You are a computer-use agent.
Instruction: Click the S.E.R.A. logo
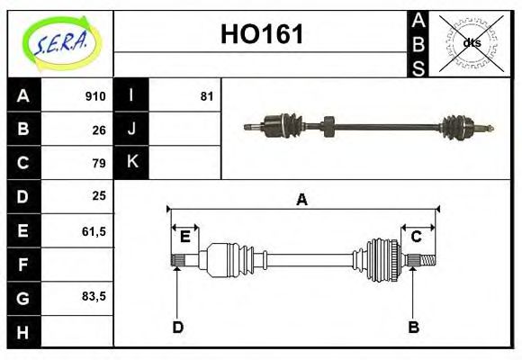(x=59, y=41)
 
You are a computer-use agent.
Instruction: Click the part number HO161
(x=262, y=35)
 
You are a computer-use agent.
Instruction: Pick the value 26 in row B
(x=99, y=130)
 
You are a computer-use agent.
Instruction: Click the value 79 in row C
(x=99, y=163)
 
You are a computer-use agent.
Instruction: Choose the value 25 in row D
(x=99, y=196)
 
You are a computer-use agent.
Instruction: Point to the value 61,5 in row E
(x=94, y=230)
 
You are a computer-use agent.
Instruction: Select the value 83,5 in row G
(x=94, y=296)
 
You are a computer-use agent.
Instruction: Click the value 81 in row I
(x=207, y=96)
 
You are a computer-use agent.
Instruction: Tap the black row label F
(x=23, y=264)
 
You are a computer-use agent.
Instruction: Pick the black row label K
(x=132, y=163)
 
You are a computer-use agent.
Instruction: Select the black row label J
(x=132, y=130)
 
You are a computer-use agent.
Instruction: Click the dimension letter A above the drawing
(x=302, y=200)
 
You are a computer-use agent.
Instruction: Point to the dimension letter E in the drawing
(x=184, y=237)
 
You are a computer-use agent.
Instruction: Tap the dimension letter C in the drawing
(x=417, y=237)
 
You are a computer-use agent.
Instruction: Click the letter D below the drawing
(x=177, y=327)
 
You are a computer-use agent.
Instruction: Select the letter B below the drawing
(x=413, y=327)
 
